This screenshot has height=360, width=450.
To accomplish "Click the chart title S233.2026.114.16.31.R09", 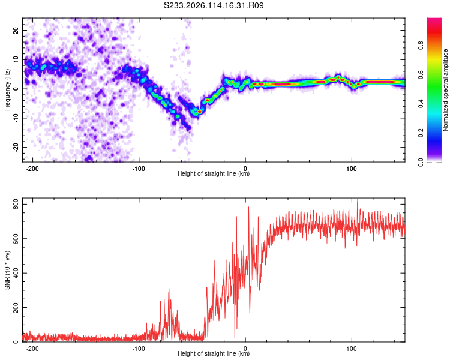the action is [x=214, y=5].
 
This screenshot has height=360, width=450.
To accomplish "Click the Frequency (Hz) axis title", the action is [x=7, y=90].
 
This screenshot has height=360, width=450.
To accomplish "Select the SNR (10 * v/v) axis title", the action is [x=7, y=270].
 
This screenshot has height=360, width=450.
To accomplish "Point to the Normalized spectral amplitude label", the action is [x=445, y=90].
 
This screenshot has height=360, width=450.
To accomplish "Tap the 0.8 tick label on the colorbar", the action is [x=421, y=46].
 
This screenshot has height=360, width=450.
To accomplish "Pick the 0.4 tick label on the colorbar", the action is [x=421, y=104].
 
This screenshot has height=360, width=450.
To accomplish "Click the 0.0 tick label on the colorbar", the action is [x=421, y=162].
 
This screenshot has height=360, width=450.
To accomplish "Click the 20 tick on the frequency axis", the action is [x=16, y=30].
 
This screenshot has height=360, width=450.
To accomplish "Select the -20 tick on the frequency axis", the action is [x=16, y=147].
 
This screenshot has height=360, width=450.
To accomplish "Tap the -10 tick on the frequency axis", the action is [x=16, y=118].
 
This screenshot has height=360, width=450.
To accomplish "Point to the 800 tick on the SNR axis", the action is [x=16, y=204].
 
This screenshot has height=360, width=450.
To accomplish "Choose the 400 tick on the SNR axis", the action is [x=16, y=273].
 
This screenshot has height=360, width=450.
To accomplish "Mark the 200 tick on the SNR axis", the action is [x=16, y=307].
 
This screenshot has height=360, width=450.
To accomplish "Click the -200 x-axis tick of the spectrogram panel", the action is [x=32, y=169].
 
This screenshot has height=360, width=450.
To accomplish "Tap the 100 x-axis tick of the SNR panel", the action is [x=352, y=349].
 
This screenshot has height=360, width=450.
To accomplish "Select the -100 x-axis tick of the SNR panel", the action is [x=139, y=349].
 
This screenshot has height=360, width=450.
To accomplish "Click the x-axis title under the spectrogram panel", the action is [x=214, y=173].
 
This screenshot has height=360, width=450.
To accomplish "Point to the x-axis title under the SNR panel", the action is [x=214, y=353].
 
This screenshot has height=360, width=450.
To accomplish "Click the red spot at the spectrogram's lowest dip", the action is [x=199, y=112].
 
